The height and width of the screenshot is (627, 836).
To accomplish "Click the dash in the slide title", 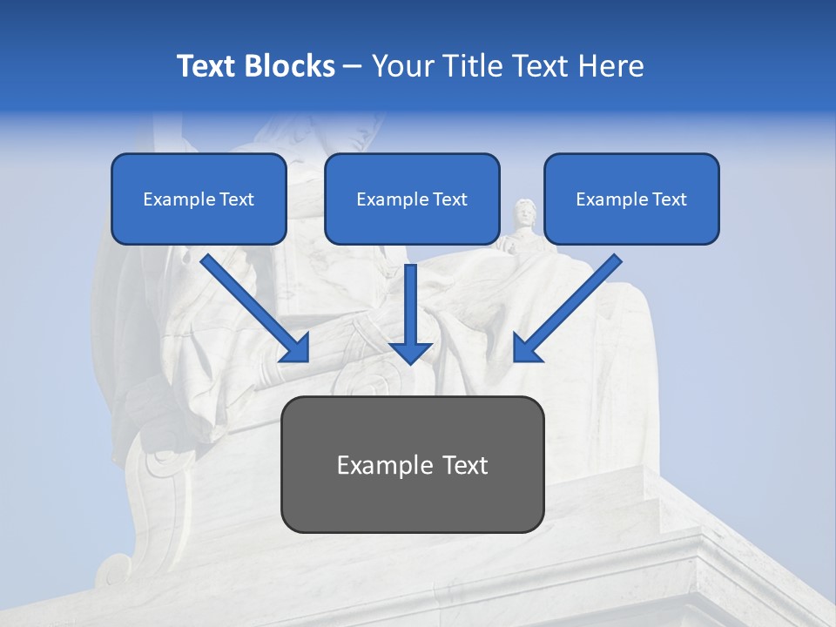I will [x=353, y=67].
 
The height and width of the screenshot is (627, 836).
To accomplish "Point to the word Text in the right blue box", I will [x=669, y=199].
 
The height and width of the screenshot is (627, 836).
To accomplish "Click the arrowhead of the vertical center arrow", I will [x=411, y=352].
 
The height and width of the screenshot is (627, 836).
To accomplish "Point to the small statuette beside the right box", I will [x=523, y=225].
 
